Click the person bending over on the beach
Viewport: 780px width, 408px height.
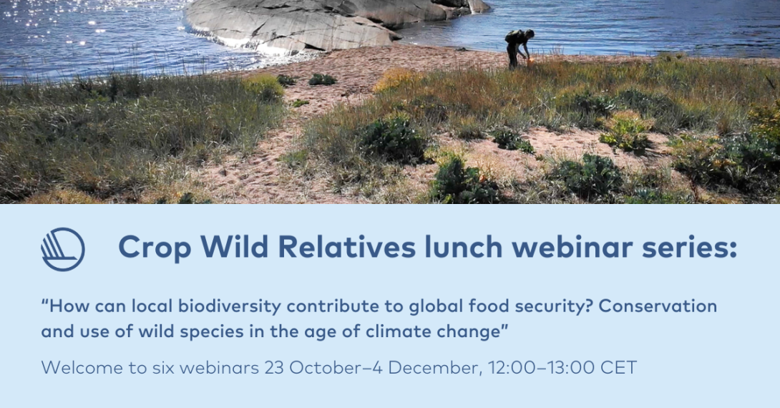(x=519, y=48)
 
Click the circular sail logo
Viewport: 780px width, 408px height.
(x=63, y=249)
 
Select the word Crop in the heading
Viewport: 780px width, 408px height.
(x=155, y=247)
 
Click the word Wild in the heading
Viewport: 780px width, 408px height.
(x=234, y=246)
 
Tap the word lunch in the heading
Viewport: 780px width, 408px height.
(x=463, y=246)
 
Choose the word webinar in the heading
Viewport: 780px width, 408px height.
(x=572, y=246)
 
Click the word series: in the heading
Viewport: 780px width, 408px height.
(x=689, y=247)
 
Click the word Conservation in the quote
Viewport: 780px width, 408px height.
(x=658, y=306)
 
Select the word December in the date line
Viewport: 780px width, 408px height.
(x=434, y=368)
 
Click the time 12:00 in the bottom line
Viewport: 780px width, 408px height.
(x=512, y=368)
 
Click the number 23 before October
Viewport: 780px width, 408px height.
(x=274, y=368)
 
